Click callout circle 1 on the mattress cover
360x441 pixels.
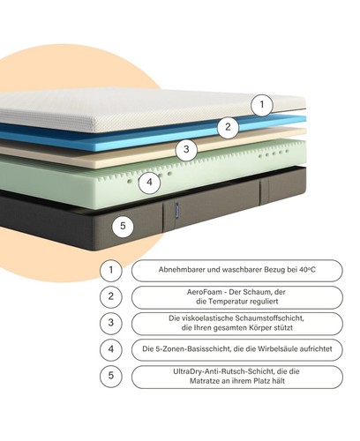(262, 104)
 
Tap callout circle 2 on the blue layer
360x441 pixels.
(229, 127)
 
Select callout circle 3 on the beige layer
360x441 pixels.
(186, 149)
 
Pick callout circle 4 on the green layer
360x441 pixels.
(149, 183)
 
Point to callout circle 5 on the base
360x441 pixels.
(123, 226)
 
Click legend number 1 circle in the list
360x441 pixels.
(111, 270)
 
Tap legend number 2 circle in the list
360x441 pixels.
(111, 296)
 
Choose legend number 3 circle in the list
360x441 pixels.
(111, 323)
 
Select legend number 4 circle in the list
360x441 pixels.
(111, 349)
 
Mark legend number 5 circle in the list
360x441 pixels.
(111, 376)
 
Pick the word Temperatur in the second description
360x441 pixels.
(229, 302)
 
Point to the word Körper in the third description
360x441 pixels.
(259, 327)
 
